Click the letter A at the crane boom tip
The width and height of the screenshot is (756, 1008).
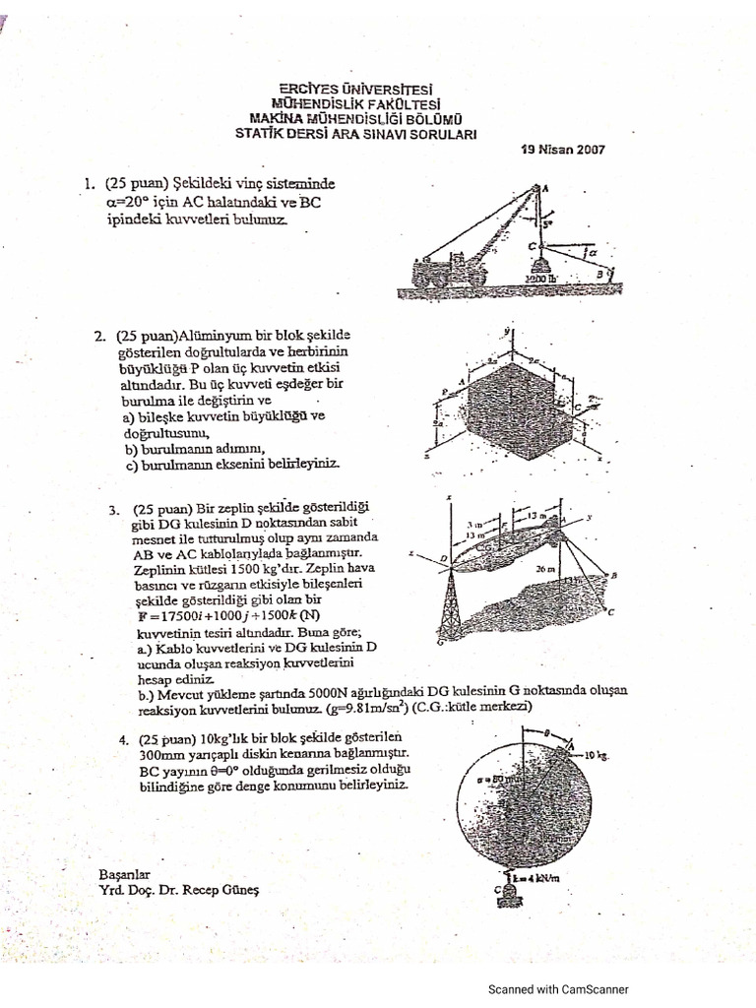coord(544,187)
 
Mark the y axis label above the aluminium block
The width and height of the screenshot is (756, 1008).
coord(506,332)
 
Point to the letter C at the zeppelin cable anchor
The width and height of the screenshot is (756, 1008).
coord(610,613)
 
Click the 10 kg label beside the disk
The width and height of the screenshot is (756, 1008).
coord(598,755)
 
